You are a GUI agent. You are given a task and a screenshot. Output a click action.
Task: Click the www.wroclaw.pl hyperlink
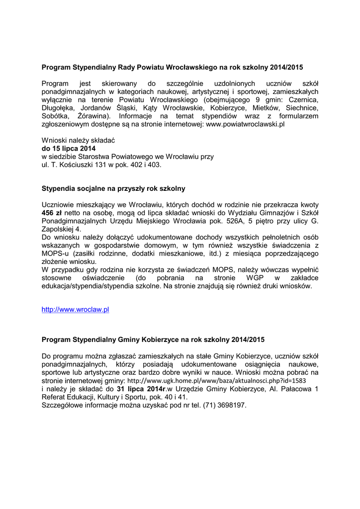click(x=75, y=309)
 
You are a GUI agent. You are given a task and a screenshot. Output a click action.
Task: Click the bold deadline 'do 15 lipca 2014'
click(x=69, y=148)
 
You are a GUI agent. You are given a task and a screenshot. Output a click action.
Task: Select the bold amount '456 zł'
click(x=51, y=212)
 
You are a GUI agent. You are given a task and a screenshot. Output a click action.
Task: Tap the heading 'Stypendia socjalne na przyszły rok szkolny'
click(x=113, y=188)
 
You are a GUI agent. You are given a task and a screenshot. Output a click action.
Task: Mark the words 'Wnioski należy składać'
click(x=78, y=140)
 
